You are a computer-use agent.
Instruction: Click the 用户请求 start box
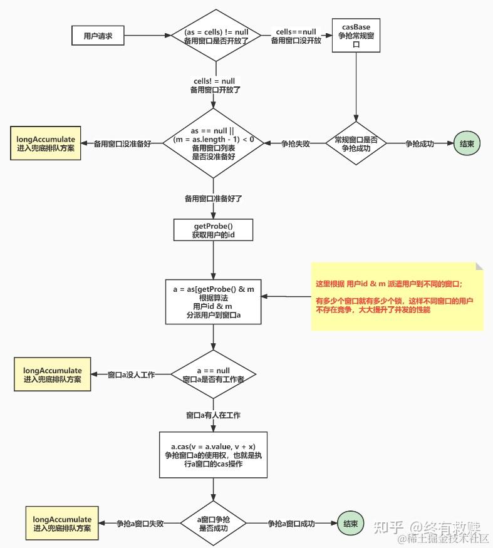click(x=98, y=36)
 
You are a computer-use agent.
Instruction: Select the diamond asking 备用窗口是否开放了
click(x=216, y=36)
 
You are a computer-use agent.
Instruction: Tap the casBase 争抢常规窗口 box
click(x=356, y=36)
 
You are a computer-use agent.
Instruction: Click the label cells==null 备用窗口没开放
click(x=296, y=36)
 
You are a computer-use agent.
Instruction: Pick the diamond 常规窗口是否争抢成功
click(x=356, y=143)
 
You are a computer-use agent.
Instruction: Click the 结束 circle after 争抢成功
click(x=467, y=143)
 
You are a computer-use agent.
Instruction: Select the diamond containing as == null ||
click(x=214, y=143)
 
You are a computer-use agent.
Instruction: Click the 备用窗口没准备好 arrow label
click(x=122, y=143)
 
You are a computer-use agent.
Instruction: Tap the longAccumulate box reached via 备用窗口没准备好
click(x=45, y=143)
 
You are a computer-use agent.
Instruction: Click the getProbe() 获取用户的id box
click(x=214, y=230)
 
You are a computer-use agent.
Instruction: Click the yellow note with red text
click(x=397, y=296)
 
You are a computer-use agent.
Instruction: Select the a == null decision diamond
click(x=214, y=375)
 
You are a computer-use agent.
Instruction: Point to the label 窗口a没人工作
click(x=131, y=375)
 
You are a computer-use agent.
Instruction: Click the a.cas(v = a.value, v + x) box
click(x=214, y=450)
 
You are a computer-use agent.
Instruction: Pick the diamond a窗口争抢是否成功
click(x=214, y=524)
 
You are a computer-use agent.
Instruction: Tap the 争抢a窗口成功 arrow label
click(x=291, y=524)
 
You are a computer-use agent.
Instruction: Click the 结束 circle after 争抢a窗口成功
click(x=350, y=524)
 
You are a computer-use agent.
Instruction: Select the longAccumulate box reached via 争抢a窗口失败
click(x=63, y=524)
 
